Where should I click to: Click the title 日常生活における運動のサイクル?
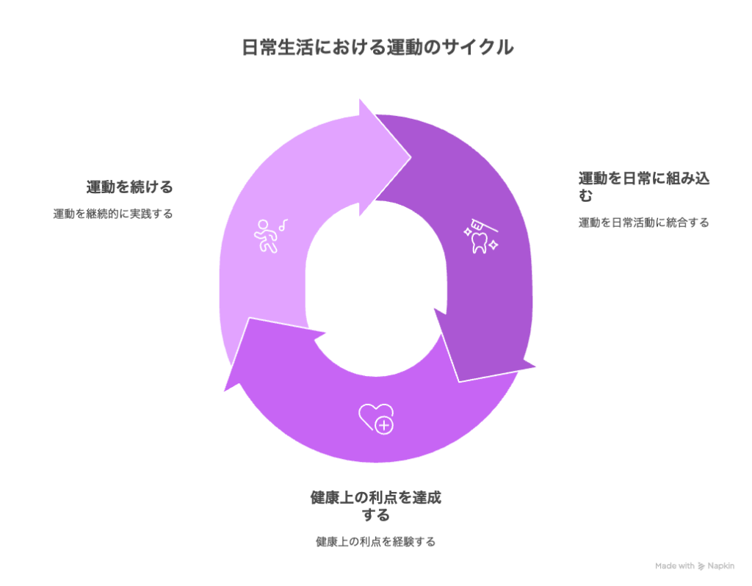377,48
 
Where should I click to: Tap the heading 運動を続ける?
129,187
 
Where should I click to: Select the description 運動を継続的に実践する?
112,214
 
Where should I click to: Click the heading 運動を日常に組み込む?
643,187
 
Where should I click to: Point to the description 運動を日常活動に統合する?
643,223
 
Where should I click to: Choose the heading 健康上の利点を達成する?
375,506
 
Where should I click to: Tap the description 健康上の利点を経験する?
375,542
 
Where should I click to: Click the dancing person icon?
266,236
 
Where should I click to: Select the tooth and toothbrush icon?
481,236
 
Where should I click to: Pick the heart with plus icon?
377,418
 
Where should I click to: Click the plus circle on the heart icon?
384,425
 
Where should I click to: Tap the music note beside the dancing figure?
283,225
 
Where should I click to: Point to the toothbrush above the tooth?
483,225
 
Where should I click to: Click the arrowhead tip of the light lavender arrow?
411,157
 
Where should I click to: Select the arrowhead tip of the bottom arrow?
224,391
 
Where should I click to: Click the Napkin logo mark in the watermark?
701,566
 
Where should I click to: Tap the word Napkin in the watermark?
721,566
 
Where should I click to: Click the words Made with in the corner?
675,566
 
